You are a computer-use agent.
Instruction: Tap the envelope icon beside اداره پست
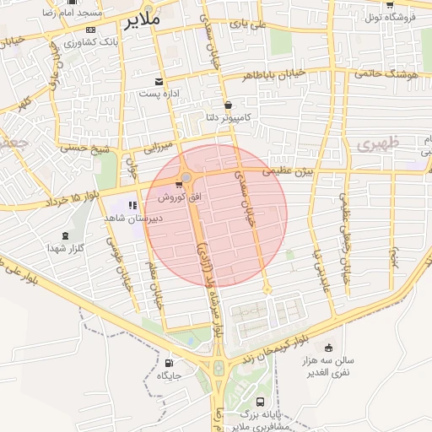pos(159,82)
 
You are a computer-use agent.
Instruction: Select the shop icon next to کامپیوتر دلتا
pos(228,105)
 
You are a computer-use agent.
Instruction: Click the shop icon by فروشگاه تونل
pos(389,4)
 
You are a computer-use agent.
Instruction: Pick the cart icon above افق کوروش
pos(178,185)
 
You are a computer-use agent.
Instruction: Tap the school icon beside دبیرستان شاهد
pos(132,205)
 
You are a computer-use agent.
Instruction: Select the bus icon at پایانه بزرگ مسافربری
pos(260,402)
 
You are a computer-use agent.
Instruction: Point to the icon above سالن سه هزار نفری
pos(328,348)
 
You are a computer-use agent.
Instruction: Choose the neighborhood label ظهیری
pos(375,144)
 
